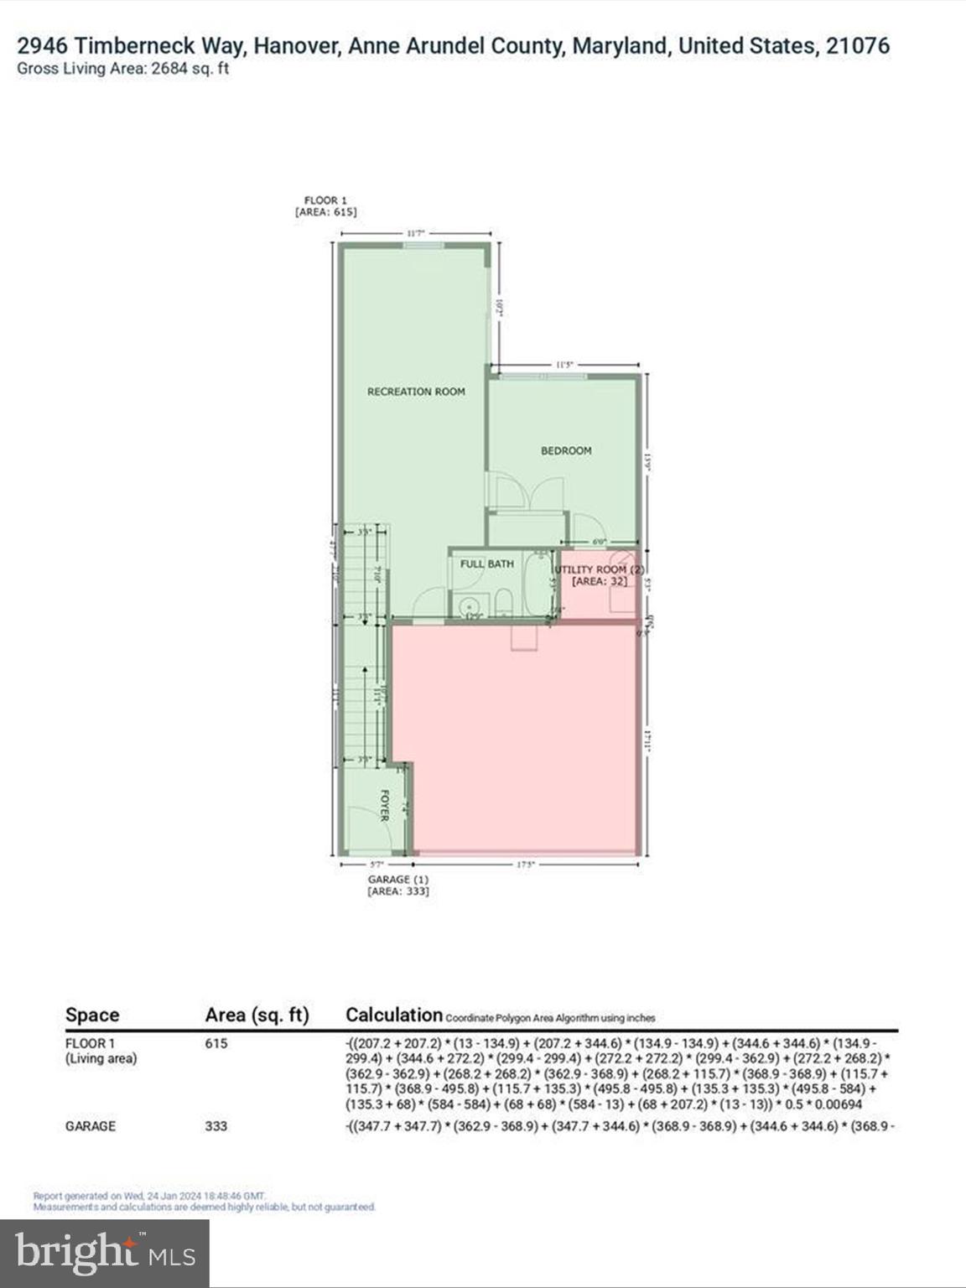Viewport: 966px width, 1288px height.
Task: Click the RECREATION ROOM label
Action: point(416,392)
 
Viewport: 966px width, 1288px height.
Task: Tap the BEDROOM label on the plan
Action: point(566,450)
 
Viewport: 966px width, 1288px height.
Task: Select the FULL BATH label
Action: point(486,564)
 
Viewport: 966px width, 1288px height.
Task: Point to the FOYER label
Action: point(385,805)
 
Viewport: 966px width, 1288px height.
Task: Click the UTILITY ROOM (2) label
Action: point(599,569)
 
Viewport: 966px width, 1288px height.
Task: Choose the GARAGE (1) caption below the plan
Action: point(397,880)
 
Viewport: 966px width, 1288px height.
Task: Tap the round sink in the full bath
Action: point(467,603)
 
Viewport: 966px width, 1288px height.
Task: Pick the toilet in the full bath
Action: point(502,602)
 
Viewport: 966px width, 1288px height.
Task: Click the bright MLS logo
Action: point(105,1253)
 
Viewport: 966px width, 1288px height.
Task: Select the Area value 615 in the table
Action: point(216,1044)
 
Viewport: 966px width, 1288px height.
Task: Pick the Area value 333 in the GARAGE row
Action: point(216,1126)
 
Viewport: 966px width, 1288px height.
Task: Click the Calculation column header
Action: point(393,1015)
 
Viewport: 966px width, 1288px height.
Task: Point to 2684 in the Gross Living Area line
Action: point(168,70)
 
